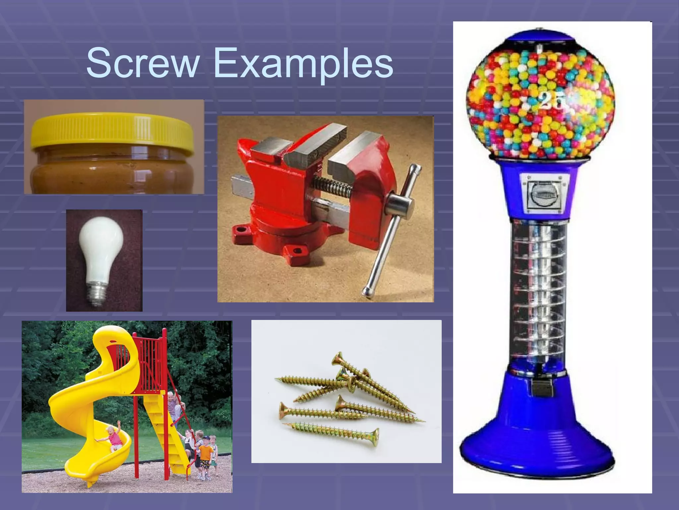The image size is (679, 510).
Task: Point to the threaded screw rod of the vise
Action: pyautogui.click(x=332, y=186)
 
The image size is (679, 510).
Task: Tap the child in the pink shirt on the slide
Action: pyautogui.click(x=114, y=438)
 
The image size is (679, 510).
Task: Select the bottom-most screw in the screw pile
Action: pyautogui.click(x=332, y=432)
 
